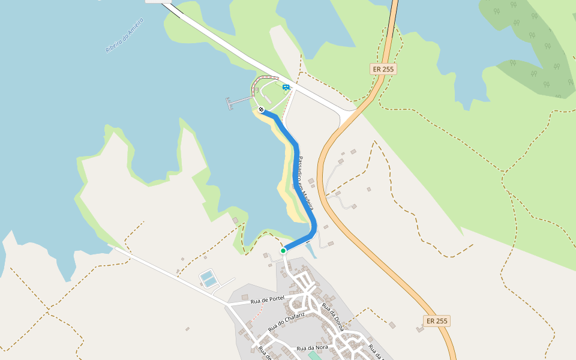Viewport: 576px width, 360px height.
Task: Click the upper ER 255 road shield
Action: [383, 69]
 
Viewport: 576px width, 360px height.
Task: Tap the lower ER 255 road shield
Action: [437, 321]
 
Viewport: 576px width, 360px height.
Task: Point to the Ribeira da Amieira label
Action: [125, 35]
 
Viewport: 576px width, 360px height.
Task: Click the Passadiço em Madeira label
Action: [307, 181]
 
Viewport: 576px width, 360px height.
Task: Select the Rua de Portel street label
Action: [268, 300]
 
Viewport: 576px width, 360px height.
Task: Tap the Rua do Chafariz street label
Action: [287, 321]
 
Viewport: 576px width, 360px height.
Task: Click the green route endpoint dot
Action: [283, 251]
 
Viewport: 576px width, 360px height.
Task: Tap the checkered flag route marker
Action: [261, 110]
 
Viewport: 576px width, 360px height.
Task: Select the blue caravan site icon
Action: [286, 88]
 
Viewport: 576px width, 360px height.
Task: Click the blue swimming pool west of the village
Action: [208, 278]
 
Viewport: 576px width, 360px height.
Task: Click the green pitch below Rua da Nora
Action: [314, 356]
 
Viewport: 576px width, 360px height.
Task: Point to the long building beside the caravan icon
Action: [265, 79]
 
